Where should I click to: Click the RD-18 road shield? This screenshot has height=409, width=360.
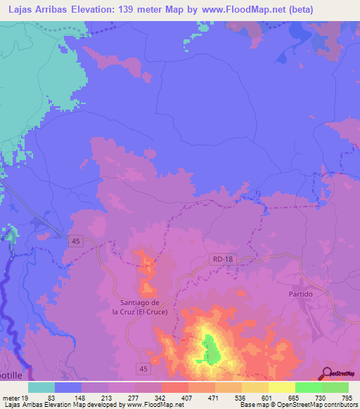[x=220, y=260]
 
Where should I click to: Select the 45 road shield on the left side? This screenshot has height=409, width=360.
[x=75, y=241]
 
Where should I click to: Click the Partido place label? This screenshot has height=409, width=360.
[x=300, y=294]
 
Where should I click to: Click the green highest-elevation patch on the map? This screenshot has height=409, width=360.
[x=210, y=349]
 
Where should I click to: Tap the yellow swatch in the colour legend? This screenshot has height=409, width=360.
[x=282, y=387]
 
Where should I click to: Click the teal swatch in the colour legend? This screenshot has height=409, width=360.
[x=41, y=387]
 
